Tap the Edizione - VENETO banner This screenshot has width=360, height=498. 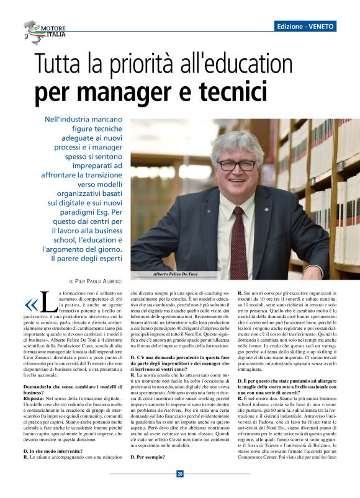click(x=307, y=27)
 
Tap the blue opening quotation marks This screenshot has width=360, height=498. click(x=30, y=304)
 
